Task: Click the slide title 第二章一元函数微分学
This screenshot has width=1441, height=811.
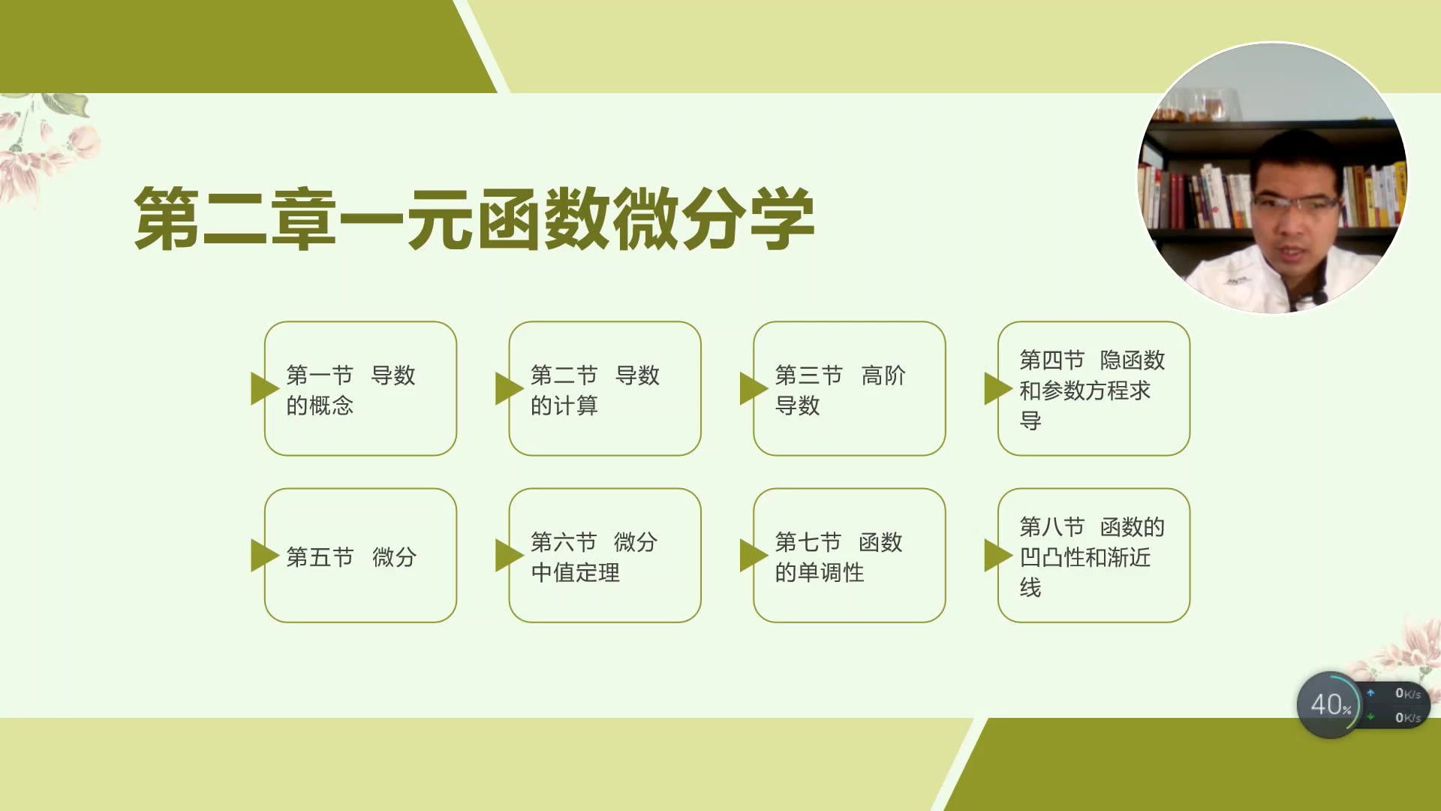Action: point(474,219)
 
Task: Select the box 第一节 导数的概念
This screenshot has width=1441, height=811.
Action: point(360,389)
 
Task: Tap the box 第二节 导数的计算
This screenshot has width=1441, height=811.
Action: point(605,389)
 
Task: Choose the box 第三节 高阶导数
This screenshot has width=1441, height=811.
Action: point(850,389)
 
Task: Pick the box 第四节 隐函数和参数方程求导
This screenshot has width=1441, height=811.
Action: point(1094,389)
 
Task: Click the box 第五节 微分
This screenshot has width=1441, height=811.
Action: point(360,556)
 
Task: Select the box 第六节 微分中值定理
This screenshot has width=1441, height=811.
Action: point(605,556)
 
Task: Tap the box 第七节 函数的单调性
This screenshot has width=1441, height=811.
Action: point(850,556)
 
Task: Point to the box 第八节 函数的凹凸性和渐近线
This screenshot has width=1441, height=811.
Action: point(1094,556)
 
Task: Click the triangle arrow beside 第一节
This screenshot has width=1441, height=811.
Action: point(263,388)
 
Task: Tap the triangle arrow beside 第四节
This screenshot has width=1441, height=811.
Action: point(996,388)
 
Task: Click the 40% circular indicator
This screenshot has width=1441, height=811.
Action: point(1329,704)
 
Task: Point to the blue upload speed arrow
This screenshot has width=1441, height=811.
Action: point(1370,693)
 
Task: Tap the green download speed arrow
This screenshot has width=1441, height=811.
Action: point(1370,717)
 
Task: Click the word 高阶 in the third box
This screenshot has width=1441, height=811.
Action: point(883,375)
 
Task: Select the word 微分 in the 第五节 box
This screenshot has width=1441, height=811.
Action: point(394,557)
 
